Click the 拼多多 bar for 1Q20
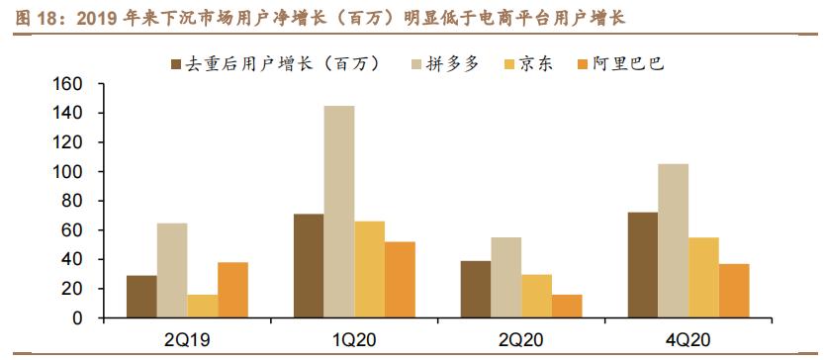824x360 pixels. pyautogui.click(x=338, y=212)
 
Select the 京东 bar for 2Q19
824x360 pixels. pyautogui.click(x=202, y=306)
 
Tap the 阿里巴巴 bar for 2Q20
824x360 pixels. pyautogui.click(x=567, y=306)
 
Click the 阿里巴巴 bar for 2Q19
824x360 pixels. pyautogui.click(x=232, y=290)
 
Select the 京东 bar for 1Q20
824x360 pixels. pyautogui.click(x=369, y=269)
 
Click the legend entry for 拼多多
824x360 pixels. pyautogui.click(x=445, y=64)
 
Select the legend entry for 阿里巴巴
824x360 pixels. pyautogui.click(x=627, y=64)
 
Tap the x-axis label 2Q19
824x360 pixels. pyautogui.click(x=187, y=339)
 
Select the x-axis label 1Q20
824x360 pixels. pyautogui.click(x=354, y=339)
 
